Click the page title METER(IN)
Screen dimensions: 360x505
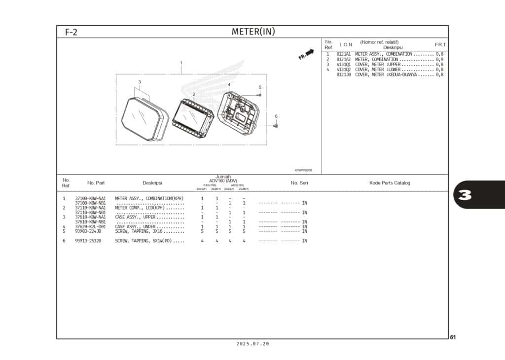[x=253, y=32]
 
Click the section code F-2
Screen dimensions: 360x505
[x=71, y=33]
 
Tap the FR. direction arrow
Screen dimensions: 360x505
[x=307, y=54]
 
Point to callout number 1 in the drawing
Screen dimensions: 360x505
[x=181, y=63]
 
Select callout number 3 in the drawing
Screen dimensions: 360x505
[x=140, y=82]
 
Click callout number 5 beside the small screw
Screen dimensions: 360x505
[x=260, y=87]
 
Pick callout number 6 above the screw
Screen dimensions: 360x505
[x=276, y=116]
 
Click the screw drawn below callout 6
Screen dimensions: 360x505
[x=276, y=126]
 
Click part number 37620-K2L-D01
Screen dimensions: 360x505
[x=90, y=227]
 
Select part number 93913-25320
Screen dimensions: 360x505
[x=88, y=241]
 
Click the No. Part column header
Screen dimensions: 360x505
[x=96, y=183]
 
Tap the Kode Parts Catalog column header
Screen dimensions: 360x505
[x=390, y=183]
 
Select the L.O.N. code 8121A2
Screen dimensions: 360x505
[x=343, y=59]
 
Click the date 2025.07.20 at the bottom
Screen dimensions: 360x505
[x=252, y=344]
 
